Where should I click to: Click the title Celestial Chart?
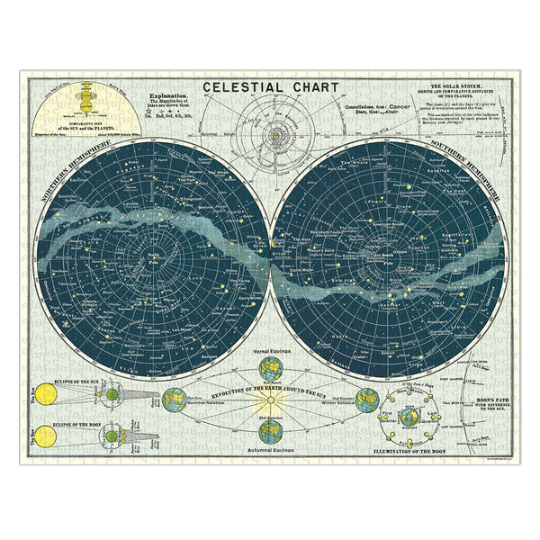coord(269,88)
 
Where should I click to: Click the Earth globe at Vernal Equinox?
coord(269,369)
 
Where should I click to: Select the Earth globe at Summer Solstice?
coord(175,399)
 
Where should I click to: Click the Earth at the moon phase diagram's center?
coord(409,418)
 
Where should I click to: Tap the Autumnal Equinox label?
coord(269,447)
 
